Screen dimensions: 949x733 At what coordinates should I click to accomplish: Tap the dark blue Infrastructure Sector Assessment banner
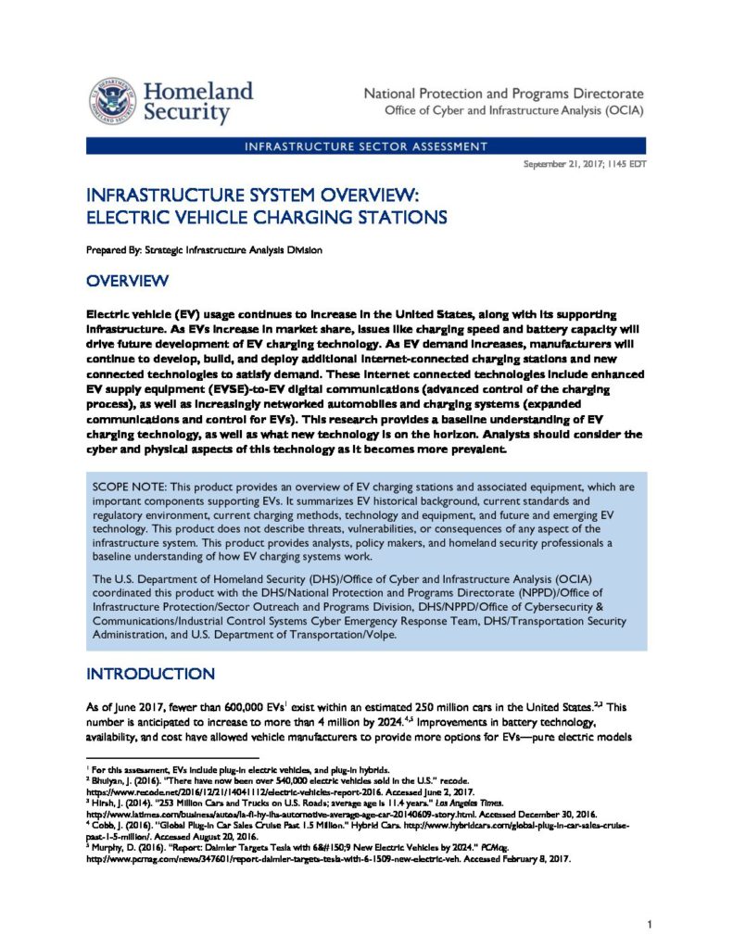tap(366, 146)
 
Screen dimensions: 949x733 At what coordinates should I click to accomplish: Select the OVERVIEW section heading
tap(127, 281)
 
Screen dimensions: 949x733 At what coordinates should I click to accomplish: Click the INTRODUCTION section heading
tap(150, 673)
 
